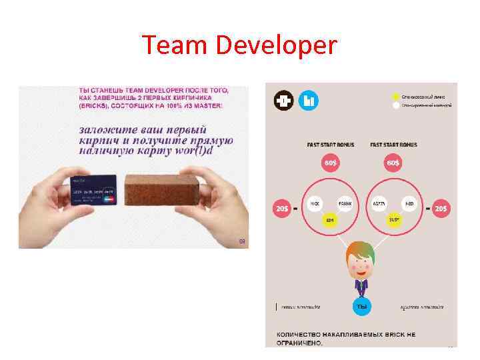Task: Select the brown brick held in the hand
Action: coord(158,190)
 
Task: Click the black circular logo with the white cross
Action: coord(283,101)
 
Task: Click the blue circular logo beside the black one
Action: coord(308,101)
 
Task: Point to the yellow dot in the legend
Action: coord(396,96)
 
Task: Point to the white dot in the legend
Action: coord(396,105)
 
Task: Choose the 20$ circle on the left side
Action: coord(281,208)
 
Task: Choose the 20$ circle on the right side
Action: coord(441,208)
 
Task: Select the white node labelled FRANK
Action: coord(345,203)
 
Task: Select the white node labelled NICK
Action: coord(315,203)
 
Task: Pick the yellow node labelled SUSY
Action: coord(393,219)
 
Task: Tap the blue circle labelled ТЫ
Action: coord(361,306)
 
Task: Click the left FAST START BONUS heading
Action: coord(330,145)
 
